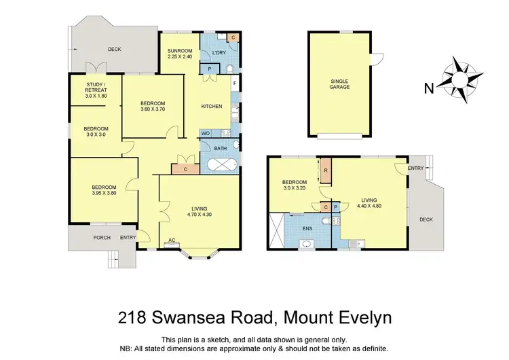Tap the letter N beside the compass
[428, 87]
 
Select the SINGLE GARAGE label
[340, 84]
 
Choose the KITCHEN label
[212, 107]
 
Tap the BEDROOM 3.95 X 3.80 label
[104, 191]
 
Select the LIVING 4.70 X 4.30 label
[199, 212]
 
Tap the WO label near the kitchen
[205, 133]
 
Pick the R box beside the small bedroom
[326, 170]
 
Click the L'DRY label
[219, 53]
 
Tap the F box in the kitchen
[235, 84]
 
